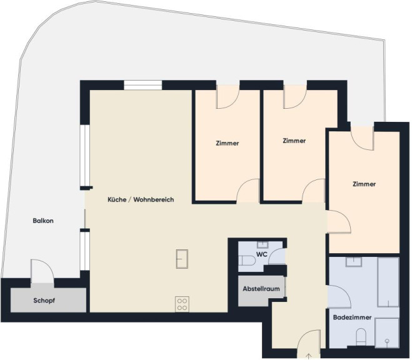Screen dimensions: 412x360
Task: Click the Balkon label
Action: tap(43, 221)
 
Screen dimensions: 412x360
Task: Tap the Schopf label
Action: tap(44, 301)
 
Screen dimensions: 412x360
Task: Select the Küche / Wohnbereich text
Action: tap(141, 199)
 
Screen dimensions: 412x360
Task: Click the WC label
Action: tap(262, 254)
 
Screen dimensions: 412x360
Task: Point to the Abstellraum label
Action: tap(261, 289)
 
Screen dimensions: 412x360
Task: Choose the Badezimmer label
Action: tap(352, 317)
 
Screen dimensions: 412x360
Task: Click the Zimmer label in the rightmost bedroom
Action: tap(364, 184)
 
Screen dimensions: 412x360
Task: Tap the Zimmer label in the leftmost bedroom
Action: tap(228, 143)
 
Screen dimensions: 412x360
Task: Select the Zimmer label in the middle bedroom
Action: tap(294, 141)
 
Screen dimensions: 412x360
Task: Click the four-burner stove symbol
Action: tap(182, 304)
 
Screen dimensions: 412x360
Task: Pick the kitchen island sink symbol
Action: tap(182, 259)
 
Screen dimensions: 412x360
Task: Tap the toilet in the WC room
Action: tap(247, 261)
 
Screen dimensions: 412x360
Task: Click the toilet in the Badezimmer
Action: tap(361, 337)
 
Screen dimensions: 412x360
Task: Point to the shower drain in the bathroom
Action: tap(387, 341)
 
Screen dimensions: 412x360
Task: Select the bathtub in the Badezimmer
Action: tap(388, 282)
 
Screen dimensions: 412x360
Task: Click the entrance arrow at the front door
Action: tap(309, 357)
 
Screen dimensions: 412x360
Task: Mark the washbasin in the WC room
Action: tap(262, 245)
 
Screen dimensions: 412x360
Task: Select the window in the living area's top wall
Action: tap(143, 86)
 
